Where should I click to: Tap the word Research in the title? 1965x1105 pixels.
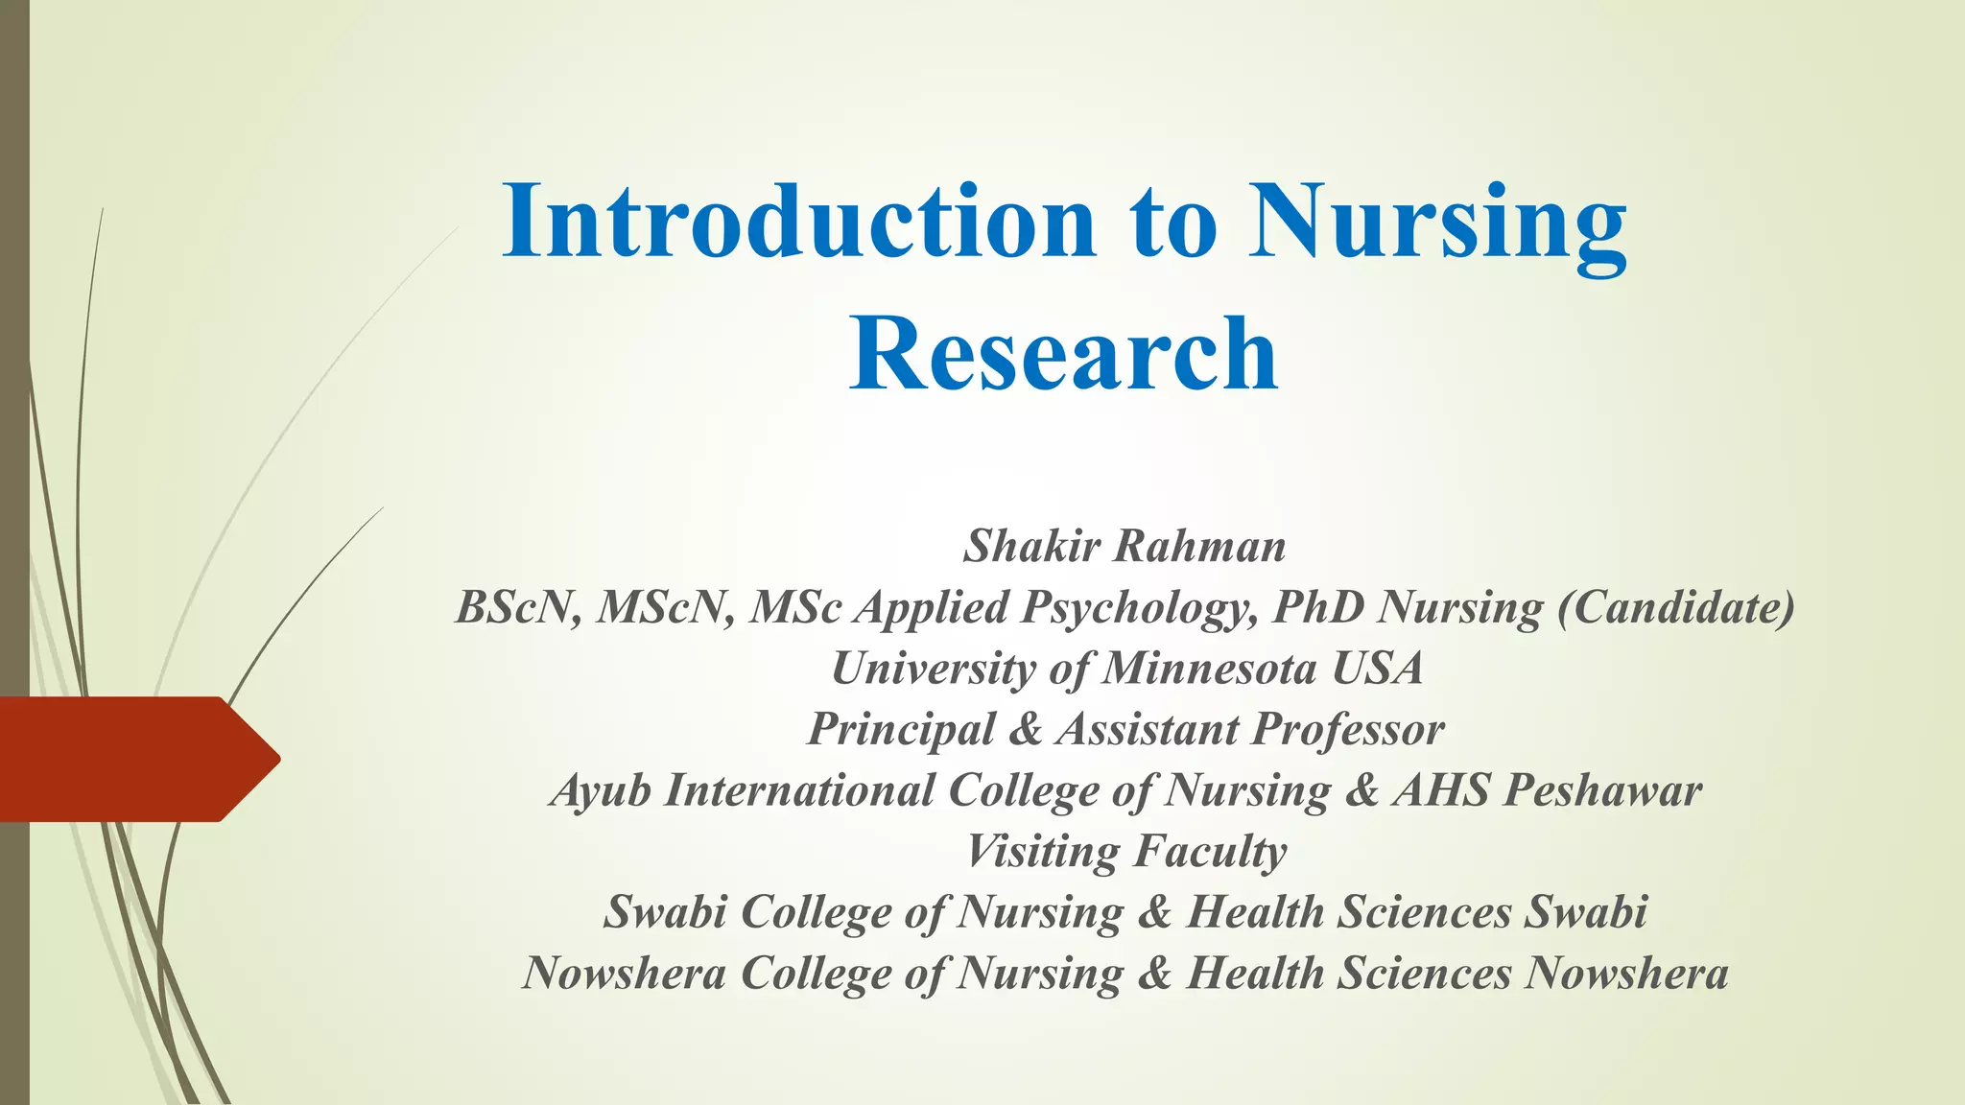point(1063,354)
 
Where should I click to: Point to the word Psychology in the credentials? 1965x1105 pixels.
point(1139,608)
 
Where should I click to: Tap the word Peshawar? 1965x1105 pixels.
point(1602,791)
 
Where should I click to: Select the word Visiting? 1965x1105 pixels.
point(1043,852)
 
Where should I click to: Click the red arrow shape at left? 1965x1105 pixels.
point(134,759)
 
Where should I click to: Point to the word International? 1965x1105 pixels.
point(799,791)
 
